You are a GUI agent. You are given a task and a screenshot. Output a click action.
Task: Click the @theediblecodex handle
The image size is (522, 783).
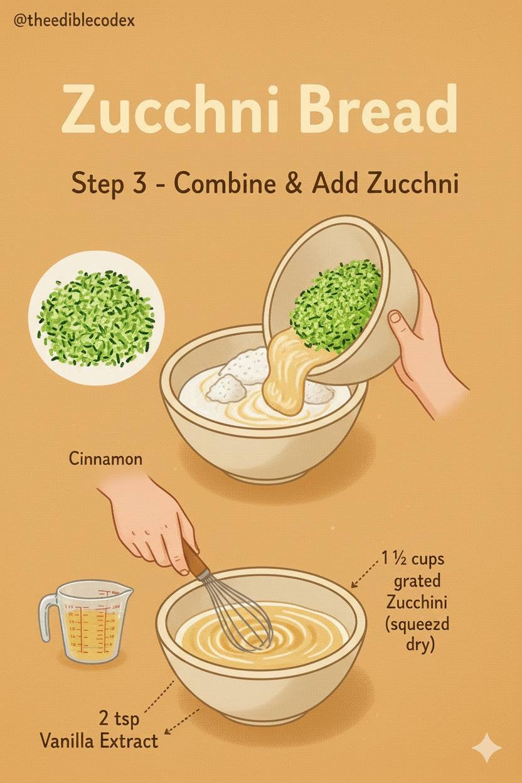pyautogui.click(x=74, y=21)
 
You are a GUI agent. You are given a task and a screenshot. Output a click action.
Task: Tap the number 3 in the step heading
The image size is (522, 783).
pyautogui.click(x=139, y=183)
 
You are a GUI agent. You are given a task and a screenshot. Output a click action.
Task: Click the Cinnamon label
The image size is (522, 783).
pyautogui.click(x=105, y=459)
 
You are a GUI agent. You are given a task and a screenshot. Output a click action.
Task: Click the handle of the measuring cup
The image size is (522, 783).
pyautogui.click(x=48, y=616)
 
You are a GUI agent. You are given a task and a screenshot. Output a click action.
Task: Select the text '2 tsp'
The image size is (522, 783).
pyautogui.click(x=119, y=718)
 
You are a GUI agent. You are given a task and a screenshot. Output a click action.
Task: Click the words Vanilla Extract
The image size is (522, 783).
pyautogui.click(x=99, y=740)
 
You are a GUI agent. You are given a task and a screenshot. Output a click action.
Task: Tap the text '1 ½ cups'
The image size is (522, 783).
pyautogui.click(x=413, y=559)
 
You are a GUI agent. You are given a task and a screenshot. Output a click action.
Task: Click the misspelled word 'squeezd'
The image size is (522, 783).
pyautogui.click(x=417, y=626)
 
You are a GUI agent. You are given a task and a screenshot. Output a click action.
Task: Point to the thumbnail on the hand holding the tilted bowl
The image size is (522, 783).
pyautogui.click(x=395, y=317)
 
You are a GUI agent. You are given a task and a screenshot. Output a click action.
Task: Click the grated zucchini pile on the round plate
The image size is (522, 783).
pyautogui.click(x=95, y=319)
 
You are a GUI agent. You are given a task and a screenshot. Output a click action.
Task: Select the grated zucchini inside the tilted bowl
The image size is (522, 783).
pyautogui.click(x=336, y=306)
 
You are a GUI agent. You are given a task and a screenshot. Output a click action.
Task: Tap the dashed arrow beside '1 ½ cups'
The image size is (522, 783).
pyautogui.click(x=365, y=573)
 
